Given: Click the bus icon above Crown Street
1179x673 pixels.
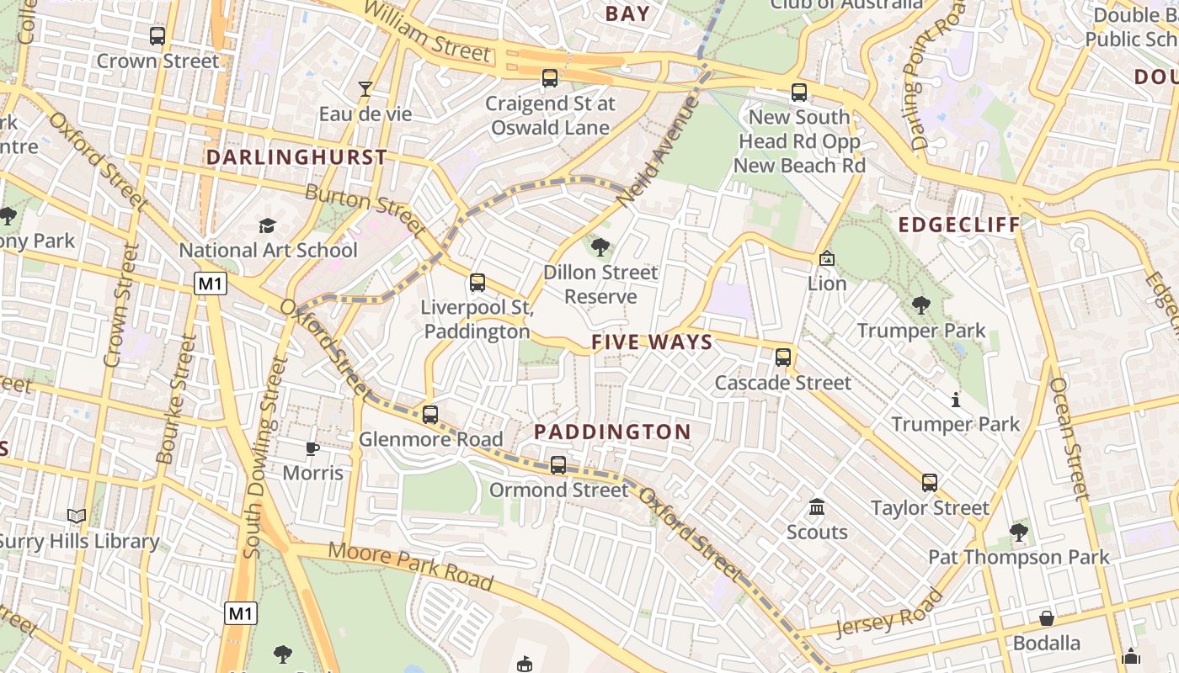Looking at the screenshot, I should [x=157, y=36].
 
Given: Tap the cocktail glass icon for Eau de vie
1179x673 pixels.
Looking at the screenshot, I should [x=365, y=88].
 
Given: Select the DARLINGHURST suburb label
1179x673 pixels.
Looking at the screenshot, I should [x=296, y=157].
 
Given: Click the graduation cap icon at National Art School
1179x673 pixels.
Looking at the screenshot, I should [x=267, y=225].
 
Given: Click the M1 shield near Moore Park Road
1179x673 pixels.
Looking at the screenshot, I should [x=241, y=614].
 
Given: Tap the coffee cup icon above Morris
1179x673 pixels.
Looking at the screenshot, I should [x=312, y=448].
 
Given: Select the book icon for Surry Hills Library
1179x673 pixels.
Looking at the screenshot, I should [x=77, y=516].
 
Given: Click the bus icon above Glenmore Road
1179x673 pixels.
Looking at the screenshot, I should [x=430, y=414].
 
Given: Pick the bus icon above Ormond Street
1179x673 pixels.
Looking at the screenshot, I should [x=557, y=464].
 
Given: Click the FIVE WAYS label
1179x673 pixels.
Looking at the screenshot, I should [x=652, y=342].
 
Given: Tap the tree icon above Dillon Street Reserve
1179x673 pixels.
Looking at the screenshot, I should [x=600, y=247].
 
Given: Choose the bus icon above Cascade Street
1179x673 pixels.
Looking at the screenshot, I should [x=783, y=358].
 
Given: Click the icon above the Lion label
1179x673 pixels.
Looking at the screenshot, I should [x=826, y=258].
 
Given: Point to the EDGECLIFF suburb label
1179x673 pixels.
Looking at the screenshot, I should [x=959, y=225].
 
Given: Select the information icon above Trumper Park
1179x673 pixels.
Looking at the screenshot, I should [x=955, y=399].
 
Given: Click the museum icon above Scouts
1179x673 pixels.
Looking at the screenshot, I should [x=817, y=507].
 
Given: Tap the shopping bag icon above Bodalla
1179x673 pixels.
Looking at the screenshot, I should [x=1047, y=618].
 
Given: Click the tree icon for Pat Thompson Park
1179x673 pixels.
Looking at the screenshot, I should [x=1019, y=532].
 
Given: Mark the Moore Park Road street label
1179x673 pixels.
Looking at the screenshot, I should [x=410, y=565].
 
